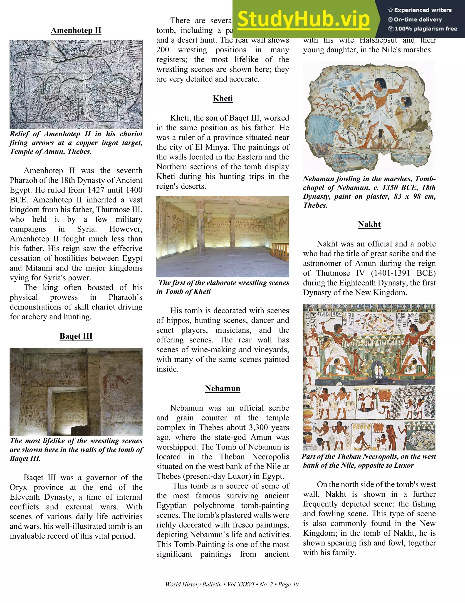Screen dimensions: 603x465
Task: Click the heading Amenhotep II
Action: [x=76, y=30]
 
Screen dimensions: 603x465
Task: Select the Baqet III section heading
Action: [x=76, y=336]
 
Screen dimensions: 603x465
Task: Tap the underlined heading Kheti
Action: [x=223, y=99]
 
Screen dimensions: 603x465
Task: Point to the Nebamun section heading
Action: [x=223, y=388]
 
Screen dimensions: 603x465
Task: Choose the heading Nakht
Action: [x=369, y=224]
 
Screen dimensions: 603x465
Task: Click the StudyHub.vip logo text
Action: [x=303, y=19]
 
